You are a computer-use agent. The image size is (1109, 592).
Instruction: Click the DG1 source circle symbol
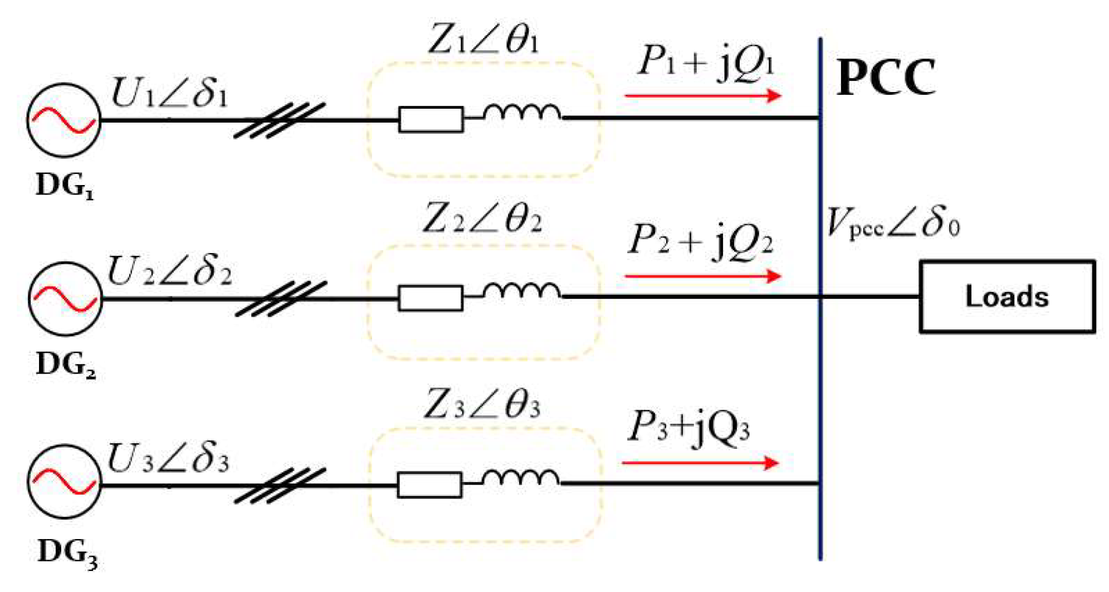tap(63, 120)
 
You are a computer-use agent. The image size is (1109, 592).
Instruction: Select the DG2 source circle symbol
tap(65, 299)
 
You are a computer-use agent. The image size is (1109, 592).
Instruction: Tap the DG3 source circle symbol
tap(64, 482)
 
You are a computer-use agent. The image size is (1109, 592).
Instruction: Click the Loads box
tap(1007, 297)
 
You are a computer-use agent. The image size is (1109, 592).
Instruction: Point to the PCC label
tap(886, 78)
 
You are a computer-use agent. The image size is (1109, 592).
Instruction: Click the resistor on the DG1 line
tap(431, 119)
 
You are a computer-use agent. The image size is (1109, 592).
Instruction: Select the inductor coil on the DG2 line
tap(522, 292)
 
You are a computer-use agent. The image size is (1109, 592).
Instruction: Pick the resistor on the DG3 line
tap(429, 485)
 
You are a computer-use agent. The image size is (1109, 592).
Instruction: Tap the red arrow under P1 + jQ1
tap(702, 96)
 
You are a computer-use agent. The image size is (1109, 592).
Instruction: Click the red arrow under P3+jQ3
tap(700, 463)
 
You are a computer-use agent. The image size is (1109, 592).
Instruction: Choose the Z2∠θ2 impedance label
tap(482, 219)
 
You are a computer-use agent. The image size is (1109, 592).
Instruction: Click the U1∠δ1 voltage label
tap(169, 92)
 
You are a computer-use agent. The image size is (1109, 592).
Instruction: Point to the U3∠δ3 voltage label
tap(167, 458)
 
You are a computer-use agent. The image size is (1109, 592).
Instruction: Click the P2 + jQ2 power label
tap(700, 241)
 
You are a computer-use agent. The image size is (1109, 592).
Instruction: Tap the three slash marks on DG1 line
tap(279, 120)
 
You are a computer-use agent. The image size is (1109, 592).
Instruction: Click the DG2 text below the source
tap(66, 365)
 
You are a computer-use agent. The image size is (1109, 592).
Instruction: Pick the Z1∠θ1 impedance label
tap(483, 40)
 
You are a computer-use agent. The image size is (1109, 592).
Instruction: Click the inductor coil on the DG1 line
tap(522, 113)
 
